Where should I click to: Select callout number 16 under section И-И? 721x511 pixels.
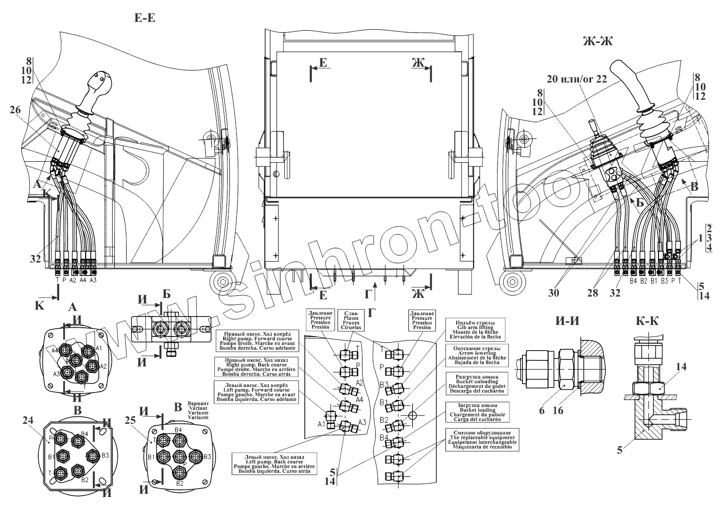(x=558, y=410)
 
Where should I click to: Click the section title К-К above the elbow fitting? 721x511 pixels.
(x=648, y=321)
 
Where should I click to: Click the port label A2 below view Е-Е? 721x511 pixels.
(x=73, y=281)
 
